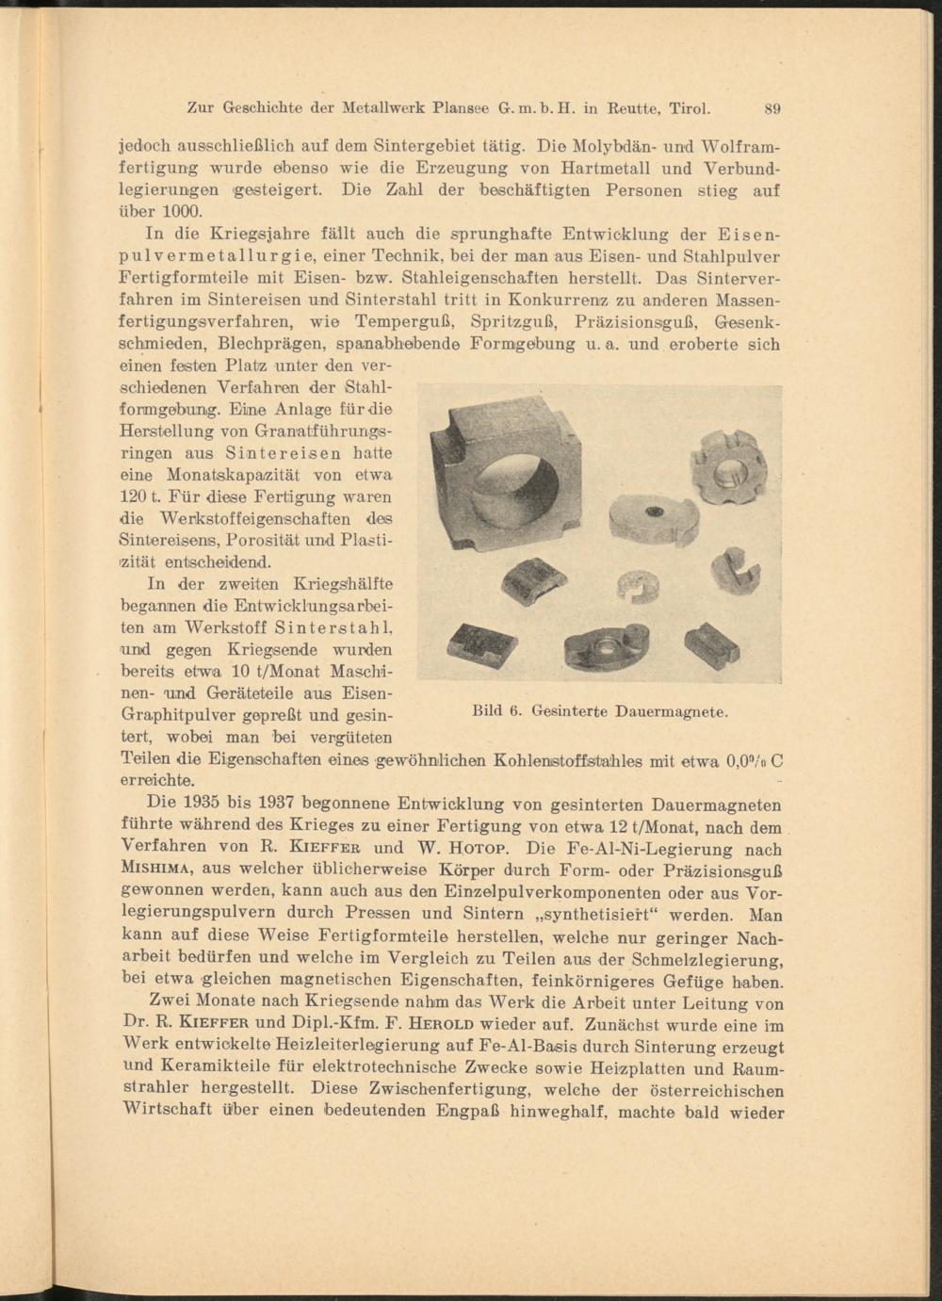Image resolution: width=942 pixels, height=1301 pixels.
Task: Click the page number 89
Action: (772, 108)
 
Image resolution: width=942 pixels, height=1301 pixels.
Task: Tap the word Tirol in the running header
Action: (690, 107)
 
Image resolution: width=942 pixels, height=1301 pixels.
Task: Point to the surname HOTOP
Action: (458, 847)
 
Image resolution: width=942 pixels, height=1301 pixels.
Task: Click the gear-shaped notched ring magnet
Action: (730, 466)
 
